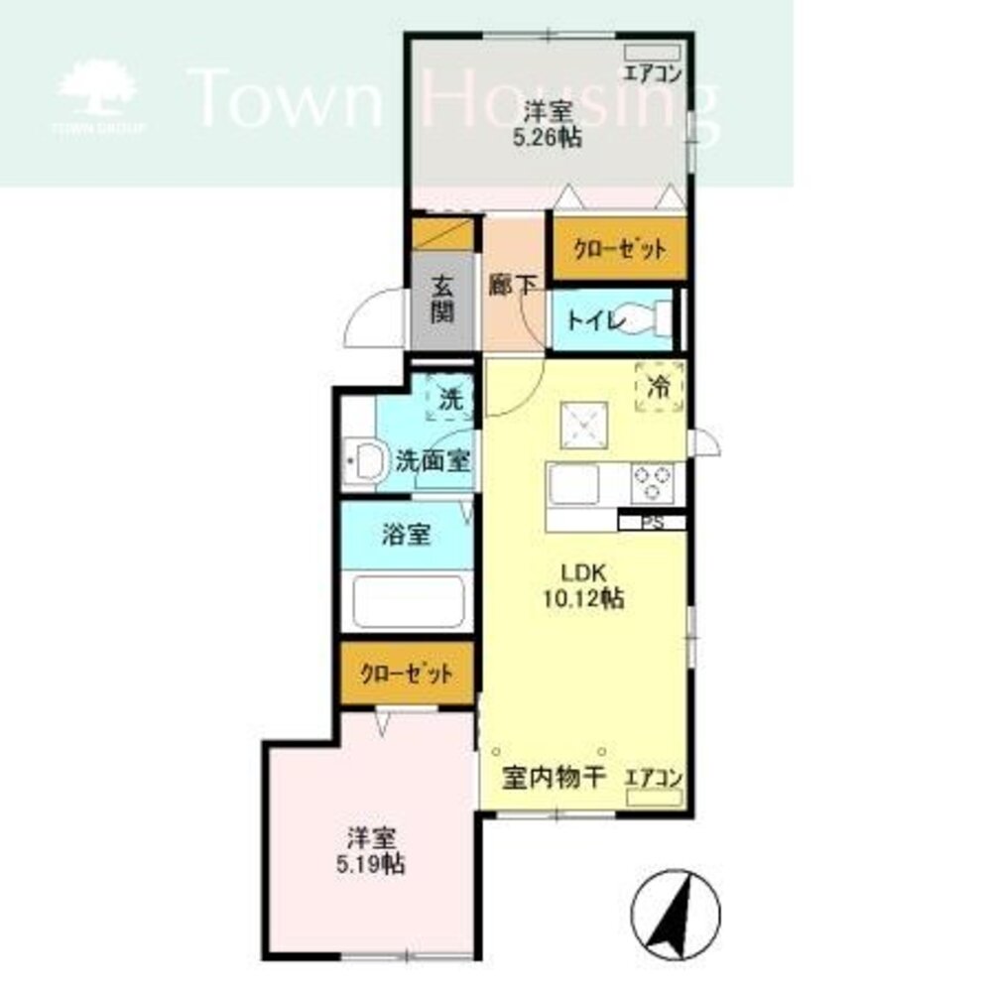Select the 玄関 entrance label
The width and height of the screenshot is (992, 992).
(x=442, y=300)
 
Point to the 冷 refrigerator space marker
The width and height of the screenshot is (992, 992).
(x=657, y=385)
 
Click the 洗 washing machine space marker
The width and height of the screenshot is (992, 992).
(x=450, y=400)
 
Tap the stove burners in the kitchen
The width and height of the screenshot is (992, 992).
(x=652, y=483)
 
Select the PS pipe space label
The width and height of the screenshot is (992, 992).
(x=652, y=522)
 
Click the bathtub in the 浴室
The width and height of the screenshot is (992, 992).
(x=408, y=600)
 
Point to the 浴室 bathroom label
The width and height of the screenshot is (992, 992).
(x=406, y=536)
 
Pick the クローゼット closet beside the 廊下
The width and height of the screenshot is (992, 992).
(x=620, y=248)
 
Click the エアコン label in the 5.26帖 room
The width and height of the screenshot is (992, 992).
(x=652, y=71)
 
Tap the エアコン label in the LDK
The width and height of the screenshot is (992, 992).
(x=653, y=779)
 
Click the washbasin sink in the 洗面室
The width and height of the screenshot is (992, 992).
(x=367, y=461)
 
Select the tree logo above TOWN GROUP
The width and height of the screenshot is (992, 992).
(x=98, y=89)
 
